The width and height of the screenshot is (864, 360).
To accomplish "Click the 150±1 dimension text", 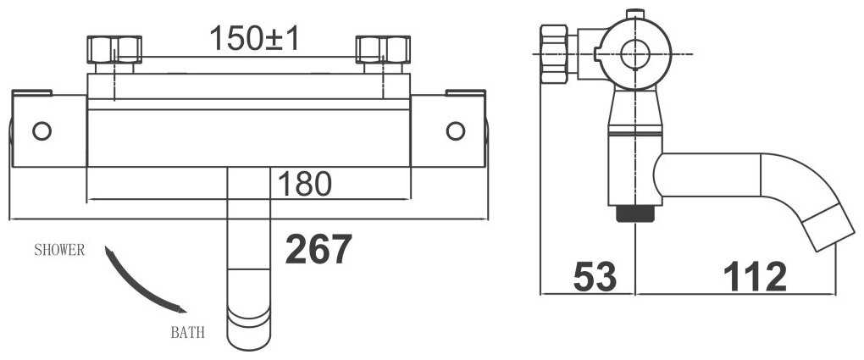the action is tap(254, 38).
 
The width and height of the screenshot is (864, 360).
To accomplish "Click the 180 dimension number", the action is tap(305, 184).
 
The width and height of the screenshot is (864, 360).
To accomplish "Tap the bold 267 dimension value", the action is tap(318, 249).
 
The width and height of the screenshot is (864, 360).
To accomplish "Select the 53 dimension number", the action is tap(595, 276).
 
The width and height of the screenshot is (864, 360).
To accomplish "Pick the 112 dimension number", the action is tap(755, 276).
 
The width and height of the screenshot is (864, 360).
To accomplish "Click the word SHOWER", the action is tap(59, 250).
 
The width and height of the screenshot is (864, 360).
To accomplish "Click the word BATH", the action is tap(187, 332).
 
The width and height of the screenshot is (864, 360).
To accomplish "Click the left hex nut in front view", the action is tap(114, 49).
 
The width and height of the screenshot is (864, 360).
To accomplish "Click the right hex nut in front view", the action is tap(383, 49).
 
